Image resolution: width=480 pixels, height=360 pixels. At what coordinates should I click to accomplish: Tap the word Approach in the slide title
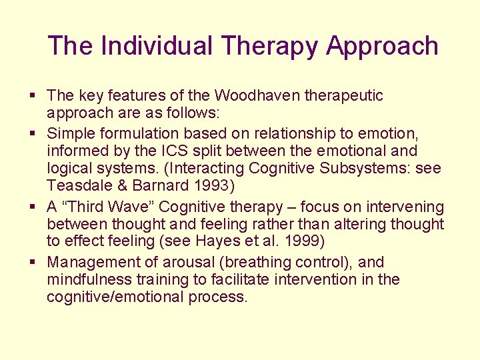(x=382, y=46)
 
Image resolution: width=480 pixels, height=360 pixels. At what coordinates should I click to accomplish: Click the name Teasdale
(x=81, y=186)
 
